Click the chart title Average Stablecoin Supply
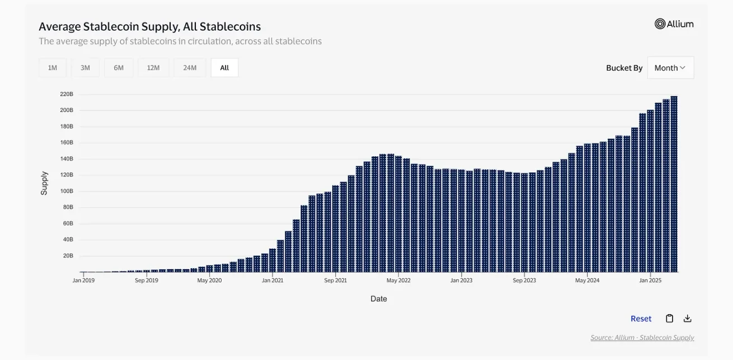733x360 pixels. click(x=149, y=26)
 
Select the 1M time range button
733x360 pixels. click(x=53, y=68)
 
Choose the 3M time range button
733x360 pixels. click(x=85, y=68)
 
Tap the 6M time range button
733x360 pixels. click(x=119, y=68)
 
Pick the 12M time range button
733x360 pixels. click(x=153, y=68)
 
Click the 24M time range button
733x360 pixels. click(x=190, y=68)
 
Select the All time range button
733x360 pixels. click(x=224, y=68)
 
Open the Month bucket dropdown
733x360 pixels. click(x=670, y=68)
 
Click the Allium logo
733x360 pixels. click(x=674, y=24)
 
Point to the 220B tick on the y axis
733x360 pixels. click(x=67, y=94)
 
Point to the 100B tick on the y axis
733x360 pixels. click(x=67, y=191)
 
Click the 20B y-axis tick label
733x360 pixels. click(x=68, y=256)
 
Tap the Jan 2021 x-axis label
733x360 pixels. click(x=272, y=280)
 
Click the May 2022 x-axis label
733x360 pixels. click(x=398, y=280)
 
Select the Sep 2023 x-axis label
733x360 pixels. click(x=524, y=280)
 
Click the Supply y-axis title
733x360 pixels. click(x=44, y=183)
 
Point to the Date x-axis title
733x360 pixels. click(x=379, y=299)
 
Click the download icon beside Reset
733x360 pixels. click(x=688, y=319)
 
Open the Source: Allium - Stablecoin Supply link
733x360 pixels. click(x=642, y=338)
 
